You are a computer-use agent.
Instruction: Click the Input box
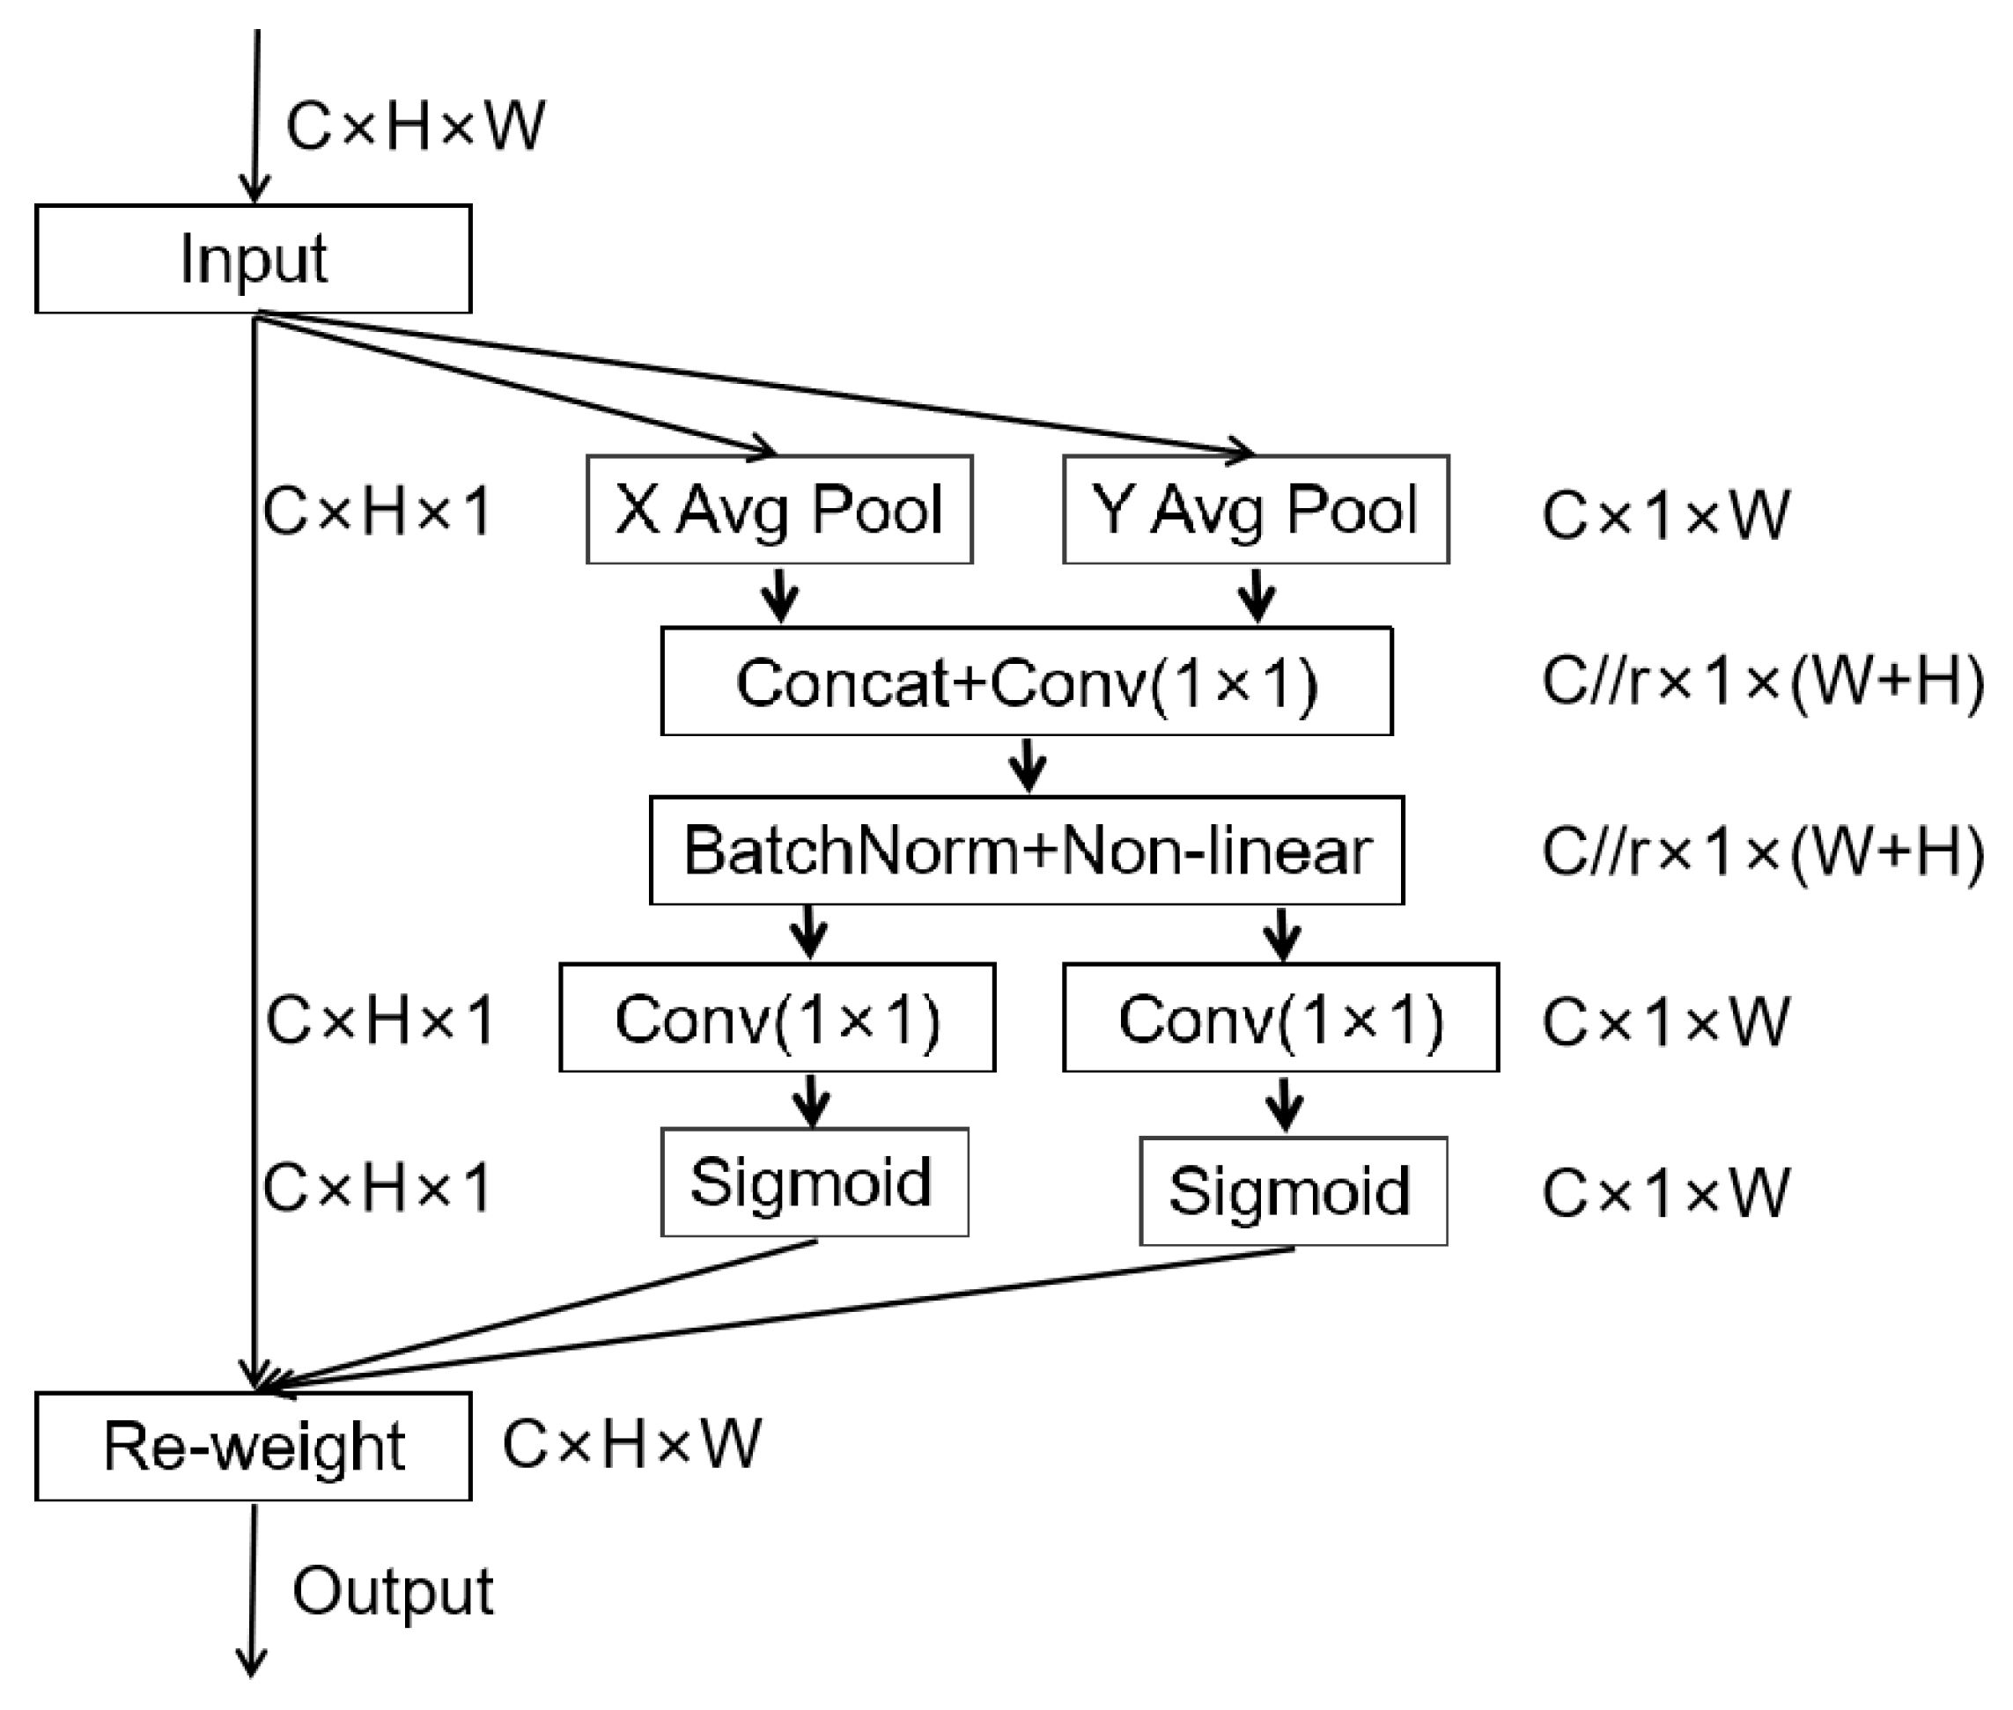click(x=253, y=259)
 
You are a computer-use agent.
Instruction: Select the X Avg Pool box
click(x=778, y=509)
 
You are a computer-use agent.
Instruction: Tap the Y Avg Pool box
click(x=1255, y=509)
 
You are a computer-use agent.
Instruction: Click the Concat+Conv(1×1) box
click(x=1027, y=682)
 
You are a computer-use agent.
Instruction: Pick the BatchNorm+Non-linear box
click(x=1027, y=850)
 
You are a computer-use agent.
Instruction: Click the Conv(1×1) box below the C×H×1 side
click(x=777, y=1018)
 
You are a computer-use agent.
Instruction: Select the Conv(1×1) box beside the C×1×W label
click(x=1280, y=1018)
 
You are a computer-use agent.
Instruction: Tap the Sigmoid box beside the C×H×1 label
click(x=815, y=1182)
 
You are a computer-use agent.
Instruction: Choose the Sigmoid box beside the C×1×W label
click(x=1292, y=1191)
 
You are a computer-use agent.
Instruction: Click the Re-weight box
click(x=253, y=1447)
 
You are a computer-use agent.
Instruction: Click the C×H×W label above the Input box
click(x=415, y=126)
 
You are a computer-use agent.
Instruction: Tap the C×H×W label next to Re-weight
click(x=631, y=1444)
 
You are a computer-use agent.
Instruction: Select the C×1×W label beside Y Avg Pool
click(x=1664, y=515)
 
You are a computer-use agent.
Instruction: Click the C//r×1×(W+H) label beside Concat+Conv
click(x=1762, y=682)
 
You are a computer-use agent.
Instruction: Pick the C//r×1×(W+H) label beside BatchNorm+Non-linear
click(x=1762, y=852)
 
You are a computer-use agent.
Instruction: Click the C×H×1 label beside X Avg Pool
click(x=377, y=511)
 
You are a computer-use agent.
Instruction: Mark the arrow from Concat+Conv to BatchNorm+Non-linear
click(x=1028, y=766)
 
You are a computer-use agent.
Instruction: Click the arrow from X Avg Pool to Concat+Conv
click(x=780, y=595)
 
